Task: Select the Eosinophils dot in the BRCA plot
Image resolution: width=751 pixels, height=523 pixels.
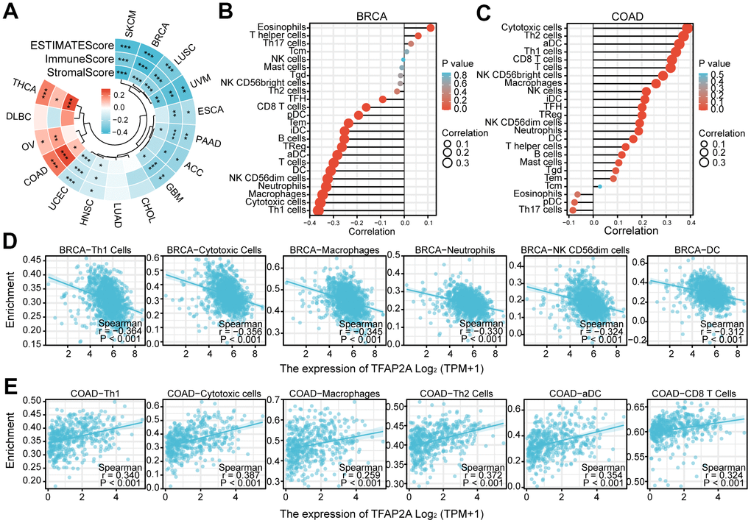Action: click(x=430, y=28)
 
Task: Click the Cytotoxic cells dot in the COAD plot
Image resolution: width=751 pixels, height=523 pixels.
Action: click(x=688, y=28)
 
